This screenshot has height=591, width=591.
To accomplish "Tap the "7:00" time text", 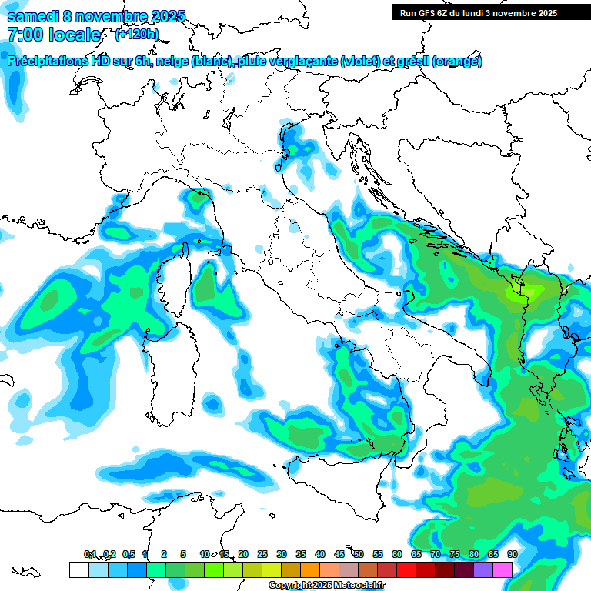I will coord(25,35).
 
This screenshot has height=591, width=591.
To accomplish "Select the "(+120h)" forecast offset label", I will coord(137,35).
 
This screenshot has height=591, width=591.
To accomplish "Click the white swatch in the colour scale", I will coord(78,569).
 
